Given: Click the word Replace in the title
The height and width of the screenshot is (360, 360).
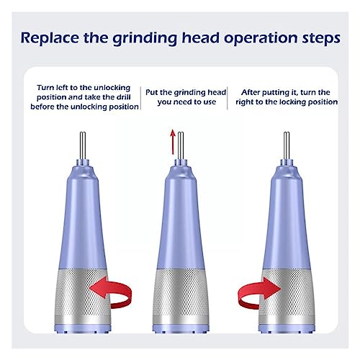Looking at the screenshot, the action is pos(50,38).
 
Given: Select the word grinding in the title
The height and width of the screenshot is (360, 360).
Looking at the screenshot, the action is pos(145,38).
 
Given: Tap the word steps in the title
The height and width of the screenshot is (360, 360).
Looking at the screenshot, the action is pos(321,38).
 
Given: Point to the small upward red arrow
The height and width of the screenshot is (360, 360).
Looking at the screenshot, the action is pos(173,142).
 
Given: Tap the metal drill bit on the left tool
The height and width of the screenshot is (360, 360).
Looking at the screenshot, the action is pos(83,145).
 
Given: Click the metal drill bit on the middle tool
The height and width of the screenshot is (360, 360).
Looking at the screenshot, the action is pos(181,145).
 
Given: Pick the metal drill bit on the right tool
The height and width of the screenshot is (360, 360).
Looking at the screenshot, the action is pos(287,145).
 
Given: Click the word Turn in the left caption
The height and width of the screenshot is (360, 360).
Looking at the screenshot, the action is pos(45,88).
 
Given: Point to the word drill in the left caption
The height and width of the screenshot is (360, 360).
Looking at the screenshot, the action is pos(124,97).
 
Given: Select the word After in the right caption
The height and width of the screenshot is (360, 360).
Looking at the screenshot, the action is pos(251,92).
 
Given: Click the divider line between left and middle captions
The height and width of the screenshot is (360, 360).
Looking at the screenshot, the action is pos(140,98).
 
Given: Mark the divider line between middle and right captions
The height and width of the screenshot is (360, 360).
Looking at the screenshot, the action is pos(228,98).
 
